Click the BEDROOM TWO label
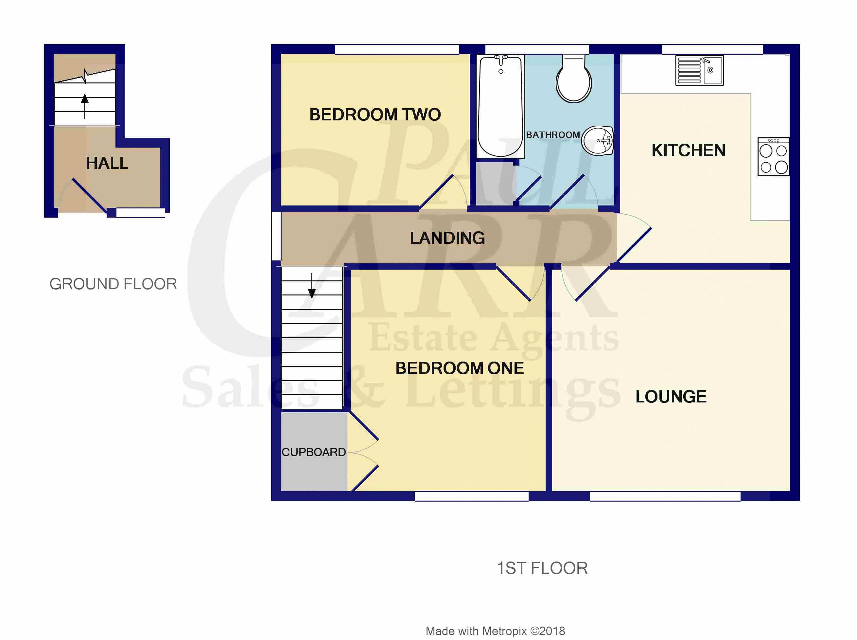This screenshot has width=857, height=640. click(x=375, y=115)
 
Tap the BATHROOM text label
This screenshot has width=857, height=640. click(x=552, y=135)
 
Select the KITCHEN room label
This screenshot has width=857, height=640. click(x=688, y=150)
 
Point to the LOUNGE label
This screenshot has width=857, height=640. click(x=671, y=397)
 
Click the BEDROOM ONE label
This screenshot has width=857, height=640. click(x=459, y=368)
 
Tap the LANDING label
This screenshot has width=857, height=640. click(x=447, y=238)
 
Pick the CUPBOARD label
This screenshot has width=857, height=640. click(x=313, y=452)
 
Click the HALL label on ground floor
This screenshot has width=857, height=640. click(x=107, y=163)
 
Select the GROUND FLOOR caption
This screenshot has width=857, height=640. click(x=113, y=284)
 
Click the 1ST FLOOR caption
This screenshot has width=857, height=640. click(x=542, y=568)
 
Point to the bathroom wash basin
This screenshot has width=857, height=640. click(x=598, y=141)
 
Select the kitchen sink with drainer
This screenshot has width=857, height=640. click(x=699, y=70)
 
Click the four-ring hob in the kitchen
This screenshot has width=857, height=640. click(x=773, y=156)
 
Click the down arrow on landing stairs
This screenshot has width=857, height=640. click(x=312, y=286)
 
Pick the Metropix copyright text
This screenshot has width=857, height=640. click(x=495, y=631)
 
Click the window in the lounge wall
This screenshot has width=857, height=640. click(x=665, y=496)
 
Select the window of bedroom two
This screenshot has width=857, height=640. click(x=397, y=49)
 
